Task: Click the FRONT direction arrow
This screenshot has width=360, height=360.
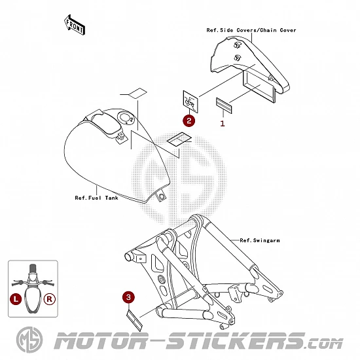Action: [x=75, y=25]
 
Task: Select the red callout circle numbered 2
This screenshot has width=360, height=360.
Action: [x=189, y=120]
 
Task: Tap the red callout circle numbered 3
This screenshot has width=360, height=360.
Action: [x=128, y=297]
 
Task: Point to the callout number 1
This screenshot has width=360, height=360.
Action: [x=223, y=124]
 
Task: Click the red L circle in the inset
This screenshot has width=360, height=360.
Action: [x=16, y=299]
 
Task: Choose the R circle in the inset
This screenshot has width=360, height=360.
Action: [x=50, y=299]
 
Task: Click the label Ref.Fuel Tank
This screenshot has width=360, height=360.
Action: [x=96, y=198]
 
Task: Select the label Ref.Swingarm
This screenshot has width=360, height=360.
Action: [x=260, y=241]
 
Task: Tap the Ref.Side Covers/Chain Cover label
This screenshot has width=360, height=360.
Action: [x=251, y=30]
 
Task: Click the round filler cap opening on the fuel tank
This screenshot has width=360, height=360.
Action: [x=126, y=118]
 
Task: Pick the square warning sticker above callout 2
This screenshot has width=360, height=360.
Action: [x=190, y=101]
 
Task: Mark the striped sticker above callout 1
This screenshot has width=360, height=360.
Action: [x=224, y=105]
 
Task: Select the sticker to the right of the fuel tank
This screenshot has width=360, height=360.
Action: [x=179, y=139]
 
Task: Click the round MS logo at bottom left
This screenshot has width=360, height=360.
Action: [x=29, y=340]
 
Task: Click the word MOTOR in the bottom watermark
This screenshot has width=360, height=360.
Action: [x=100, y=341]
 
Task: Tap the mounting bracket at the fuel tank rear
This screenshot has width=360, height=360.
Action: [x=161, y=196]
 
